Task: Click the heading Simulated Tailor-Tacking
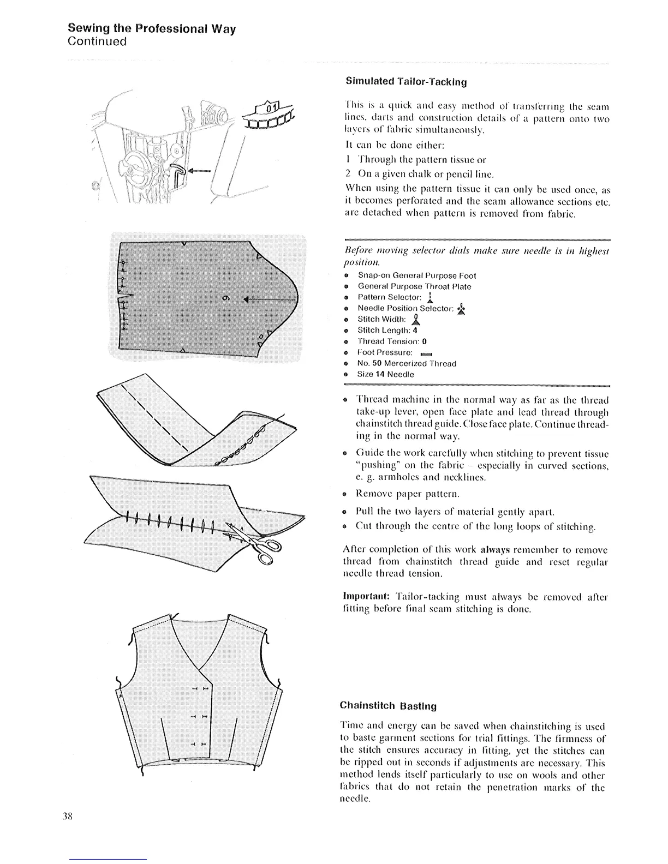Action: click(x=407, y=82)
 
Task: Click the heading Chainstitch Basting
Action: click(x=389, y=706)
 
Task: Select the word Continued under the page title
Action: click(x=97, y=41)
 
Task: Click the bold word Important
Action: click(x=365, y=597)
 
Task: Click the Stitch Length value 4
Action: click(x=415, y=331)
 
